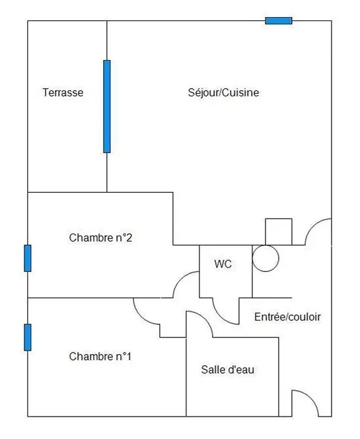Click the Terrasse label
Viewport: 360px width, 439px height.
(63, 92)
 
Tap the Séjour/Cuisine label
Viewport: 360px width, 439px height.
(223, 92)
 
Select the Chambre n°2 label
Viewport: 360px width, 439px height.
(100, 238)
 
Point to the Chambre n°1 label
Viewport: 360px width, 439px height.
(100, 356)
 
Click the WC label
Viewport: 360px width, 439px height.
(223, 264)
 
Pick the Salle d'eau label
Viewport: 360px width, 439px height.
(227, 370)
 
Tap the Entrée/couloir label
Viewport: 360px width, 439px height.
(287, 317)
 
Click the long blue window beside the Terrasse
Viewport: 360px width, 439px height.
(107, 106)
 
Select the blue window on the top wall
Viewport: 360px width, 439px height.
(279, 20)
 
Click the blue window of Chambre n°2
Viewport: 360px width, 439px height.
(28, 258)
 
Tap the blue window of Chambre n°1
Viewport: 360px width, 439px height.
(28, 337)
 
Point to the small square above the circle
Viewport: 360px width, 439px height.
(279, 232)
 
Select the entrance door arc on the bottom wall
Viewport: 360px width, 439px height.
(311, 397)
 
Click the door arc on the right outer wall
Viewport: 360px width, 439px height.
(312, 226)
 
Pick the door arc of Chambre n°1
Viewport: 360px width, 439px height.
(141, 317)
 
